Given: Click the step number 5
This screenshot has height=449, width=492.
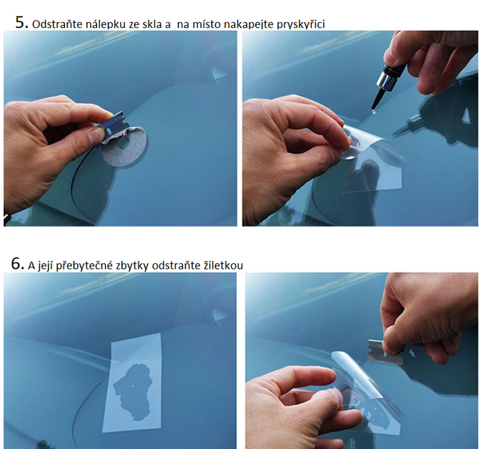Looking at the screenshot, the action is [21, 23].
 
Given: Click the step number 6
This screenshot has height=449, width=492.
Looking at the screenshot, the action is [17, 264].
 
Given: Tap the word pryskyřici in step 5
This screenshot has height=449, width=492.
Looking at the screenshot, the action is [300, 24].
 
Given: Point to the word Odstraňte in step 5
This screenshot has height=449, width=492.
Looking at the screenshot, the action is [58, 24].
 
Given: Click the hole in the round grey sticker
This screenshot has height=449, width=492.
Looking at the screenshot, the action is [123, 144].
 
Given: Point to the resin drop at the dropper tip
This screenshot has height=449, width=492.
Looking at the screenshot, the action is [372, 110].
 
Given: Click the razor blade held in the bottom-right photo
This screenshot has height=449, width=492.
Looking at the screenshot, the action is [385, 351].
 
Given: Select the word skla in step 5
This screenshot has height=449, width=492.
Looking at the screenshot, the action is [152, 24].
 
